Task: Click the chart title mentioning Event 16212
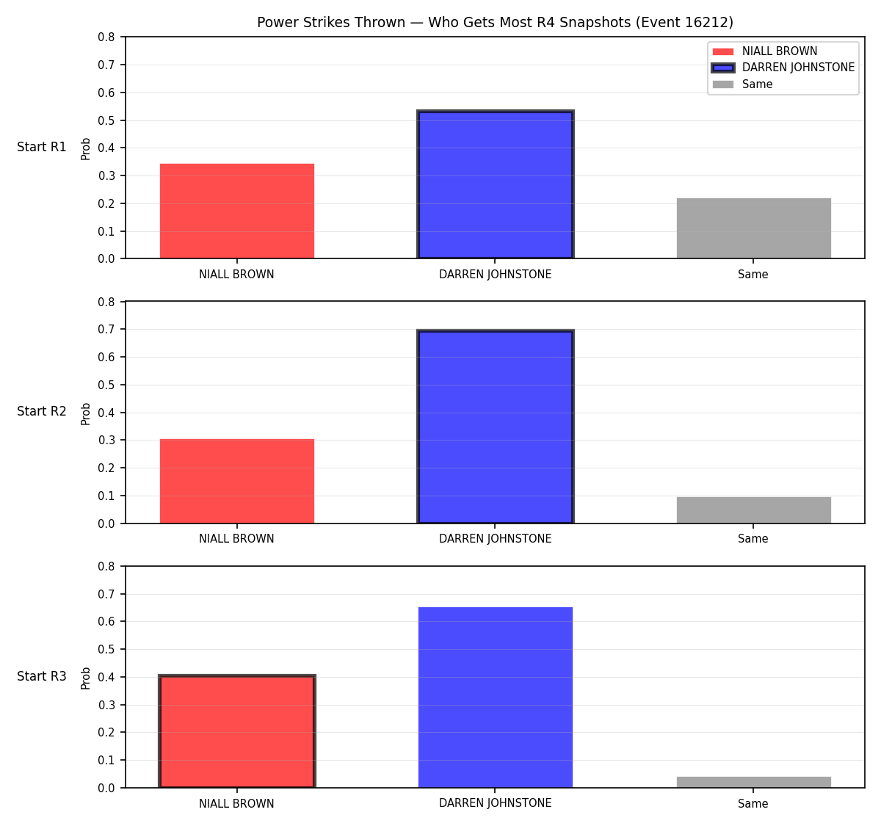tap(495, 22)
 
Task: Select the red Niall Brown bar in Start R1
tap(237, 211)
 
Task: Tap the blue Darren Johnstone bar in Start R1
tap(495, 184)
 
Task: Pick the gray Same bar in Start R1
tap(753, 228)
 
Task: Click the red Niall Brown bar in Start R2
tap(237, 481)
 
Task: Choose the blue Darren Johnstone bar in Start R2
tap(495, 427)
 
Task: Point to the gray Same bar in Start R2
tap(753, 510)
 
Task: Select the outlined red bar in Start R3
tap(237, 731)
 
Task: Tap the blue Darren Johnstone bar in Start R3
tap(495, 698)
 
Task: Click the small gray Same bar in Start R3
tap(753, 783)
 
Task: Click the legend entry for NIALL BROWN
tap(765, 51)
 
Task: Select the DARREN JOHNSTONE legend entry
tap(783, 68)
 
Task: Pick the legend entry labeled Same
tap(742, 84)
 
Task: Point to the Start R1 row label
tap(42, 147)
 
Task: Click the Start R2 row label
tap(42, 411)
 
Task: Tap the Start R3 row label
tap(42, 676)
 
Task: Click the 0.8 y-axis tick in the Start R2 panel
tap(106, 302)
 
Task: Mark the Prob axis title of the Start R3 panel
tap(85, 678)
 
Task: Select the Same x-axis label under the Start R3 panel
tap(753, 803)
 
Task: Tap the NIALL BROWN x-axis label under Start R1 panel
tap(236, 275)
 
